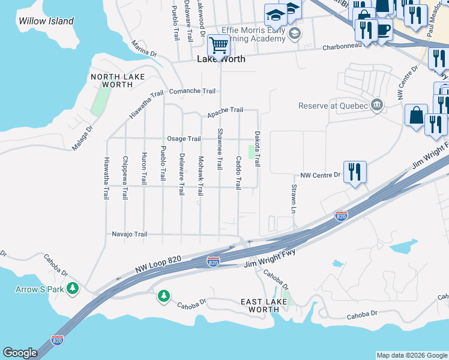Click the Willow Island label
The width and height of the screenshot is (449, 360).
46,21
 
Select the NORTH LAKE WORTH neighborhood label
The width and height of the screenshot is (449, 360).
112,80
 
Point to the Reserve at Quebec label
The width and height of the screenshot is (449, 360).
333,106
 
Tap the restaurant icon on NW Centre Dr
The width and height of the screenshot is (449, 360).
355,172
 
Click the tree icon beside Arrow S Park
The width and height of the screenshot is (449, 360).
73,289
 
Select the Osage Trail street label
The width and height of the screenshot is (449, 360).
184,139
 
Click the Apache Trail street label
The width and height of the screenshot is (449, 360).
225,110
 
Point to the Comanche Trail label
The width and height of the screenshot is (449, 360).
192,91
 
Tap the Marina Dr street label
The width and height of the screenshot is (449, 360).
144,49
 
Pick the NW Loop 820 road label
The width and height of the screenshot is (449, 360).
157,265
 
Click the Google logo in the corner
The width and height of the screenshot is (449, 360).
20,352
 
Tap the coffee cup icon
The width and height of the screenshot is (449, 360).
382,29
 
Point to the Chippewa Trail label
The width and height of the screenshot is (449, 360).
125,178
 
